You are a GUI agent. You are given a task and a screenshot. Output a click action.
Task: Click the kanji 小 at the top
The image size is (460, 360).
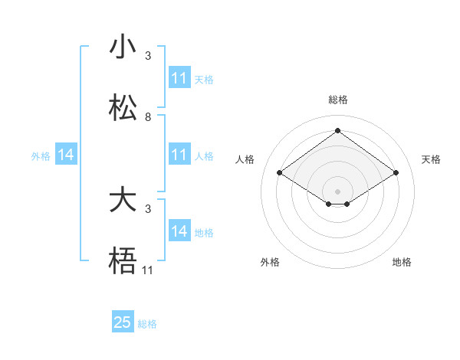(123, 47)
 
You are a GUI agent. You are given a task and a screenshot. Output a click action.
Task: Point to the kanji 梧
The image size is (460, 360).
(123, 261)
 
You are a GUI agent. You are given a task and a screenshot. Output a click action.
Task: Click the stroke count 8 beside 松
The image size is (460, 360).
(148, 117)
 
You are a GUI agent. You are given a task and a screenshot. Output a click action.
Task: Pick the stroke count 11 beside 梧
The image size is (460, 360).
(148, 270)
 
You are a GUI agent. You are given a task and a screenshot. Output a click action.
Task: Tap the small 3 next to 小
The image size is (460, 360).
(148, 56)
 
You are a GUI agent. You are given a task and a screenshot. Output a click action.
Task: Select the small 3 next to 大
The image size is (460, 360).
(148, 208)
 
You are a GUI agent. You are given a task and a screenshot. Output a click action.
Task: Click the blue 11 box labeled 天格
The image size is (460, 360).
(179, 78)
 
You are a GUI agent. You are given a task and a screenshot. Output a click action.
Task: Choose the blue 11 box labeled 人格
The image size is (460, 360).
(179, 155)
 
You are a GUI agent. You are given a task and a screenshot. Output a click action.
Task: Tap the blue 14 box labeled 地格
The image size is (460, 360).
(179, 231)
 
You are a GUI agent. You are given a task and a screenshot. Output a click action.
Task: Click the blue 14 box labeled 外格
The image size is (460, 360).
(66, 155)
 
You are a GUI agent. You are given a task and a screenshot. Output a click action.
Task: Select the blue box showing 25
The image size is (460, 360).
(123, 322)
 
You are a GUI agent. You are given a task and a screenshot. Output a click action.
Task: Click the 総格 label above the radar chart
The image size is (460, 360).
(338, 100)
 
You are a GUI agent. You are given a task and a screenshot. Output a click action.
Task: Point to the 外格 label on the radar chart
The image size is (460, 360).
(270, 262)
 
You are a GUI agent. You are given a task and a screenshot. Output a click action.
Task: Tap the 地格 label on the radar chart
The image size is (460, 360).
(402, 262)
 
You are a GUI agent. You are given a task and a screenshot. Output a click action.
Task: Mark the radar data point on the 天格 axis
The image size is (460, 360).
(396, 173)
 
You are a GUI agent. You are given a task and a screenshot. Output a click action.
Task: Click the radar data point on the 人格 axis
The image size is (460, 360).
(280, 173)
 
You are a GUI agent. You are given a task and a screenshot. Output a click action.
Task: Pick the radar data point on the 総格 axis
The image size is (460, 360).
(338, 130)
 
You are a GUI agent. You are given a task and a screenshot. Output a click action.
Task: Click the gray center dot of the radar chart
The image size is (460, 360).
(338, 191)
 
